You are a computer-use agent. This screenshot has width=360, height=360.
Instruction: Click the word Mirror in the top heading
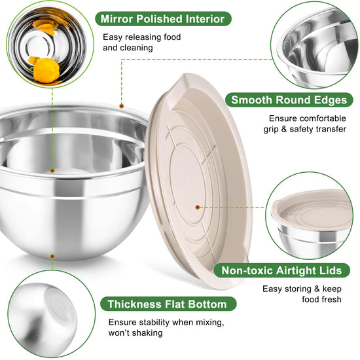coord(117,19)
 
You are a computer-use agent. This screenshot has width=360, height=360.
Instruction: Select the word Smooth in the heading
coord(251,100)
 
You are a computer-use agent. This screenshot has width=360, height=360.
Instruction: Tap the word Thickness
coord(135,304)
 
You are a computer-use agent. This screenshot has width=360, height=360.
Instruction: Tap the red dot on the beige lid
coord(198,207)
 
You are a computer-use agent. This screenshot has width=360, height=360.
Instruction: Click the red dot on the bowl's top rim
coord(122,106)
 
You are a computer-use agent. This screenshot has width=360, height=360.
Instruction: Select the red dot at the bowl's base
coord(52,257)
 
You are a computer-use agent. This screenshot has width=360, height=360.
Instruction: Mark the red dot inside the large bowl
coord(52,171)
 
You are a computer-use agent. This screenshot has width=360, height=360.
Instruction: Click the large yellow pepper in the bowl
coord(46,70)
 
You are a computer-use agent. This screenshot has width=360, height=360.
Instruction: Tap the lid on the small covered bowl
coord(312,210)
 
